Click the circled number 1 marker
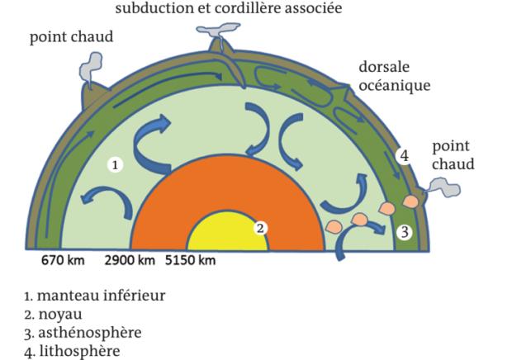click(115, 165)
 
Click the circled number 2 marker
click(260, 228)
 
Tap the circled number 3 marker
click(405, 232)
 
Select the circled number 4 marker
click(405, 156)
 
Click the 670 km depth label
click(63, 260)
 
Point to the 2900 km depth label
click(130, 260)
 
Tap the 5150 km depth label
click(191, 260)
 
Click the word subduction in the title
click(154, 7)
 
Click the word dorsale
click(384, 67)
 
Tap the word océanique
click(395, 86)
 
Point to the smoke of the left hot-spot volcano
click(90, 67)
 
